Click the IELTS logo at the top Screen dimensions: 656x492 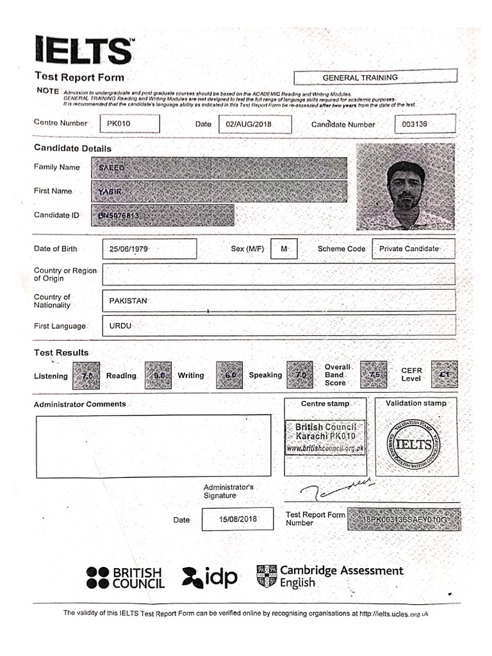84,50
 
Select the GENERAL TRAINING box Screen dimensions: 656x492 375,78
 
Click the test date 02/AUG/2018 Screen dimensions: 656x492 254,124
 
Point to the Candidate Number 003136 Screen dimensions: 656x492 415,124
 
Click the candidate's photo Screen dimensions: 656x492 405,186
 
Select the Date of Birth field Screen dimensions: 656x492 149,249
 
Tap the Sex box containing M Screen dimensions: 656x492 284,249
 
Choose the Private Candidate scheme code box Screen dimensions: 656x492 413,249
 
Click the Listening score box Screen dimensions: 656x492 86,376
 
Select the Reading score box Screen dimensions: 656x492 158,376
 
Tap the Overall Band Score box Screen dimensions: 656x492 373,375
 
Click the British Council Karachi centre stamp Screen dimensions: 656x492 325,438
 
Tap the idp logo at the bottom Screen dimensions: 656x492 209,577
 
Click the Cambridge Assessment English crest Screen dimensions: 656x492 266,576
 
